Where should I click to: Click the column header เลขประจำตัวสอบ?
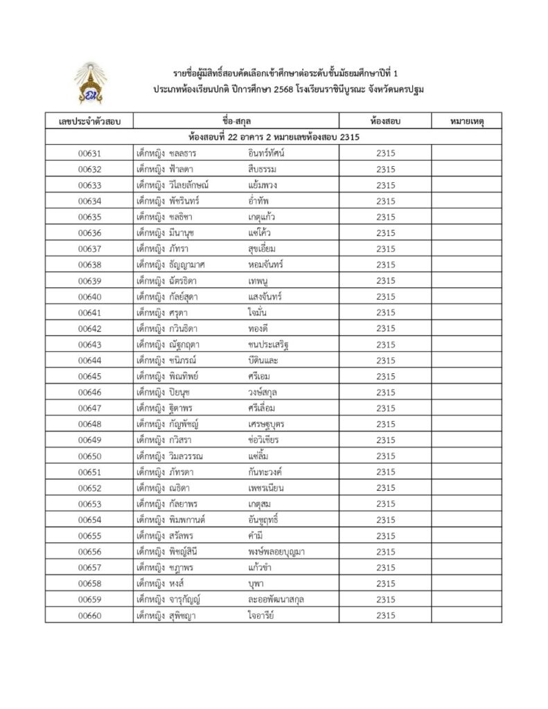pos(89,121)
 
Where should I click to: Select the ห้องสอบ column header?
pos(385,121)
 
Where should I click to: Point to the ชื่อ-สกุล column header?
pos(237,121)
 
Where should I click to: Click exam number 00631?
pos(89,153)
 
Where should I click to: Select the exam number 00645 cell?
pos(89,376)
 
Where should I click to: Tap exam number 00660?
pos(89,615)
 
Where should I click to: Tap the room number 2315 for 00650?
pos(385,456)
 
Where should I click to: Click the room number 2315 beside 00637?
pos(385,249)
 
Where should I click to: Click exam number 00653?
pos(89,503)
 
